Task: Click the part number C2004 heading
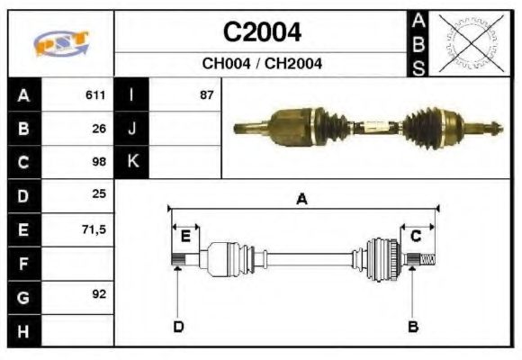pyautogui.click(x=262, y=32)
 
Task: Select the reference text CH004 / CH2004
pyautogui.click(x=262, y=64)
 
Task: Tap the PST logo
pyautogui.click(x=61, y=44)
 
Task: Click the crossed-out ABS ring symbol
pyautogui.click(x=470, y=42)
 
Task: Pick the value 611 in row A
pyautogui.click(x=95, y=94)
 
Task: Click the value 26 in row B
pyautogui.click(x=99, y=128)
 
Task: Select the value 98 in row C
pyautogui.click(x=99, y=162)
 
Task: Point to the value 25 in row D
pyautogui.click(x=99, y=195)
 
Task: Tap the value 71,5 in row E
pyautogui.click(x=94, y=229)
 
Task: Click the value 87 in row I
pyautogui.click(x=206, y=94)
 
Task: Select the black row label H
pyautogui.click(x=23, y=330)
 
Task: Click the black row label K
pyautogui.click(x=132, y=162)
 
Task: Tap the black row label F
pyautogui.click(x=23, y=263)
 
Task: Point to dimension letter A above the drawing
pyautogui.click(x=301, y=200)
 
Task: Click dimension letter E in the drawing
pyautogui.click(x=184, y=237)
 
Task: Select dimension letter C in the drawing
pyautogui.click(x=416, y=237)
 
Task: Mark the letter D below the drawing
pyautogui.click(x=178, y=326)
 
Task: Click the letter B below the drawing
pyautogui.click(x=412, y=326)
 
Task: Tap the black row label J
pyautogui.click(x=132, y=128)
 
